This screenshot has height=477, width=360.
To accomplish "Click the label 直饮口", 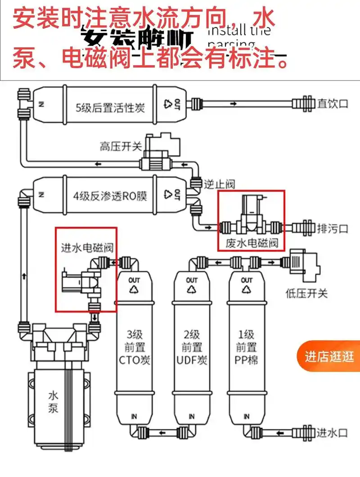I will pos(333,104).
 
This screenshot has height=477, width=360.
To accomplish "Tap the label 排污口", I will pos(333,228).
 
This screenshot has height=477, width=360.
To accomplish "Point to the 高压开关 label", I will pos(121,146).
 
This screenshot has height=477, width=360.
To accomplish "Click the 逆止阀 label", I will pos(220,184).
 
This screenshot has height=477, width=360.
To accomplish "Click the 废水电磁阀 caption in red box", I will pos(251,244).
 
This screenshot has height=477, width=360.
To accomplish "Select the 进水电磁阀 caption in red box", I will pos(86,248).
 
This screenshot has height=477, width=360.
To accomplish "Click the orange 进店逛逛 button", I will pos(329,357).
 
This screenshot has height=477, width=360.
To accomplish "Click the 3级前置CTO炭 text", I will pos(134,347).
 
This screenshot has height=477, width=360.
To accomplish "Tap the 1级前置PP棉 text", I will pos(246,347).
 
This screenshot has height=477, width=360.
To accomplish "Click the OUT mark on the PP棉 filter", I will pos(247,280).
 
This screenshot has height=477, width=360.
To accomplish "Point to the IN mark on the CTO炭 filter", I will pos(134,416).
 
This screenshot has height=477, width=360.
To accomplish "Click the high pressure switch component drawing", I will pos(160,151).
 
